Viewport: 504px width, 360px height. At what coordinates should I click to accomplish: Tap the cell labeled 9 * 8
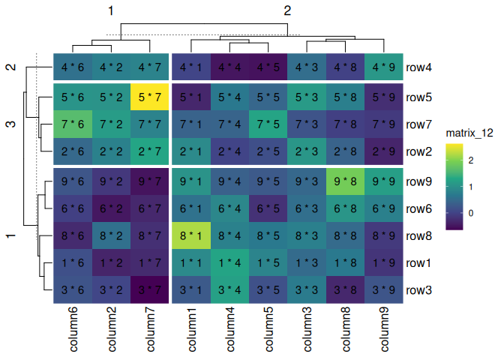tap(345, 181)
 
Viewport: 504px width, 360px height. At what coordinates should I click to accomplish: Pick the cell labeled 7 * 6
tap(73, 124)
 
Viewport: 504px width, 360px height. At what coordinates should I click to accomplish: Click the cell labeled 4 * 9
tap(383, 68)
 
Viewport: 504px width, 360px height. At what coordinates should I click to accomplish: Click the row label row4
tap(419, 68)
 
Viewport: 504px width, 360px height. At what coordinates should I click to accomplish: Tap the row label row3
tap(419, 290)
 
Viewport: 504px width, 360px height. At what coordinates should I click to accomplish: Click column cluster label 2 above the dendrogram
tap(287, 10)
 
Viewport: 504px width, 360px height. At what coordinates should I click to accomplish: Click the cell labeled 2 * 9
tap(383, 152)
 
